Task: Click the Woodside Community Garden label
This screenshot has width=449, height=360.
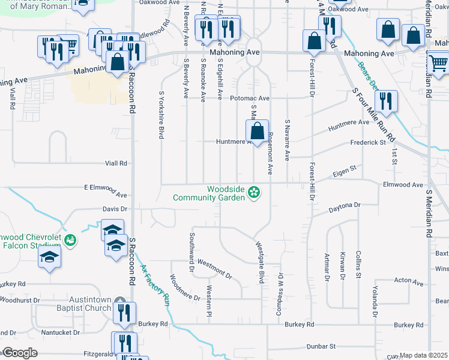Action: (209, 193)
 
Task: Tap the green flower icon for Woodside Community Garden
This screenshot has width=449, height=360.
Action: (254, 193)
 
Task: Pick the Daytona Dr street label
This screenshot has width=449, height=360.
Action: (344, 207)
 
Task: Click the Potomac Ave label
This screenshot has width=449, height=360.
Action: (250, 98)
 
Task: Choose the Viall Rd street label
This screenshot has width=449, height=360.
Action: (116, 163)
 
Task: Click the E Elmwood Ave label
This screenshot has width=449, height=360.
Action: (106, 191)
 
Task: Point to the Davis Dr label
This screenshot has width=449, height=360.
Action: (115, 209)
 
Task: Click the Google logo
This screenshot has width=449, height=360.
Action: (19, 352)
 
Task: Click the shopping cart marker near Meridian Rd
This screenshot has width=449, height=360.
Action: (438, 61)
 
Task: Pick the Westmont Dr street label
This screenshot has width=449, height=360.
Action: (214, 268)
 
